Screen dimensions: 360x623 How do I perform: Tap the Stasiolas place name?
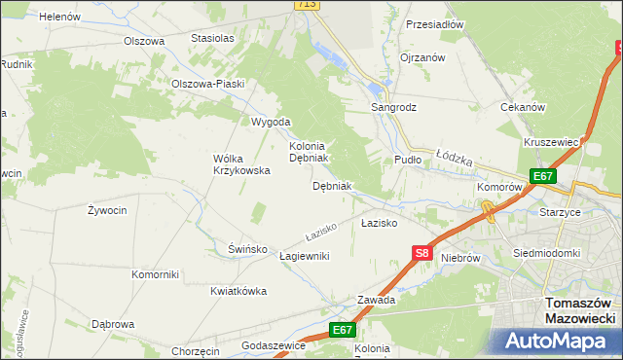pyautogui.click(x=213, y=38)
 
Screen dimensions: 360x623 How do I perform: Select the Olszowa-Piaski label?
pyautogui.click(x=206, y=83)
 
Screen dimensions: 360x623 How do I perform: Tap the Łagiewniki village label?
pyautogui.click(x=304, y=256)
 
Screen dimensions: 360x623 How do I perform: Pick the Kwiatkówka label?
pyautogui.click(x=238, y=291)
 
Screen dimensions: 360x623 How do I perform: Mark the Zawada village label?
pyautogui.click(x=376, y=301)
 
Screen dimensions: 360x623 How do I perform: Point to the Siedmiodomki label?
pyautogui.click(x=546, y=253)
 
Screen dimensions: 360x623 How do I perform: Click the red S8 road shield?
pyautogui.click(x=421, y=253)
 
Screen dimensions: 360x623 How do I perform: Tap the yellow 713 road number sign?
pyautogui.click(x=307, y=5)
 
